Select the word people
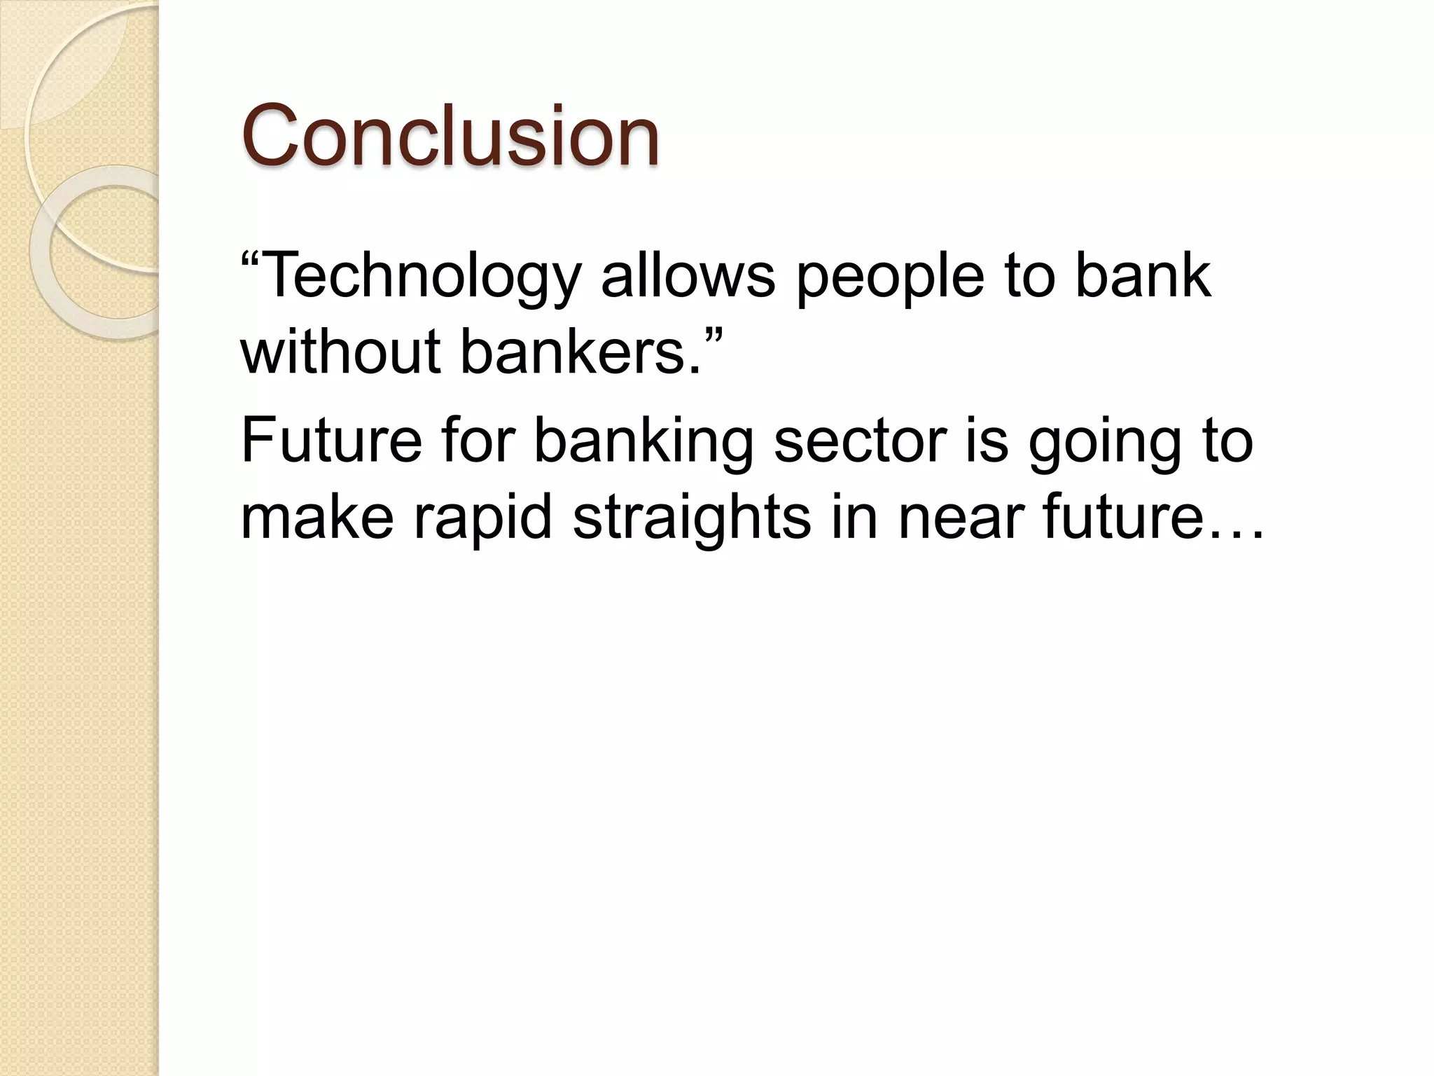point(889,277)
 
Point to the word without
point(340,352)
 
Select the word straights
point(691,518)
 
